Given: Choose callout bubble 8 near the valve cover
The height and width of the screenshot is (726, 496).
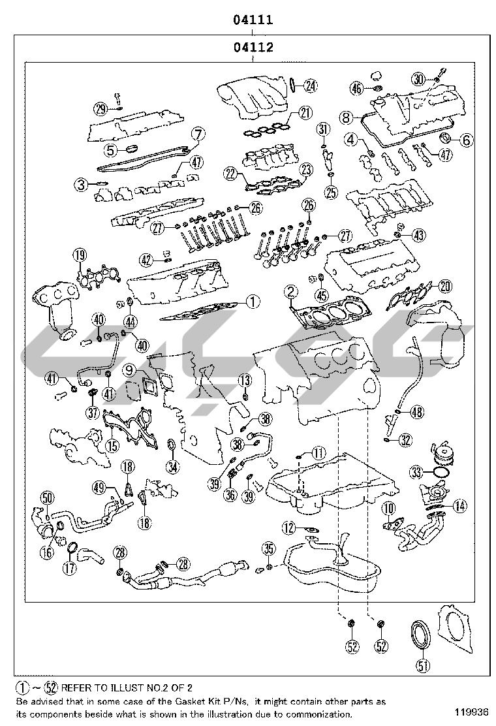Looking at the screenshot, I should click(347, 118).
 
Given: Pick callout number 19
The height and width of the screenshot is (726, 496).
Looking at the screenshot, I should click(79, 255).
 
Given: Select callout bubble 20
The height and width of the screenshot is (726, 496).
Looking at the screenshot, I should click(445, 285).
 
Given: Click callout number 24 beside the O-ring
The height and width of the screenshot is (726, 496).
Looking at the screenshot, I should click(310, 84).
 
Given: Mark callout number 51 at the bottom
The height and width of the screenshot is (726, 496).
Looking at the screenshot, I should click(424, 665).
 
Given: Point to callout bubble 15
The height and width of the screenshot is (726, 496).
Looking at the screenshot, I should click(112, 446).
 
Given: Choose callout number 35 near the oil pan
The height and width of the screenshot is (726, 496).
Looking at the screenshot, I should click(269, 547).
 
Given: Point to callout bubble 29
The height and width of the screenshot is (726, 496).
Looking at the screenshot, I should click(100, 109).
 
